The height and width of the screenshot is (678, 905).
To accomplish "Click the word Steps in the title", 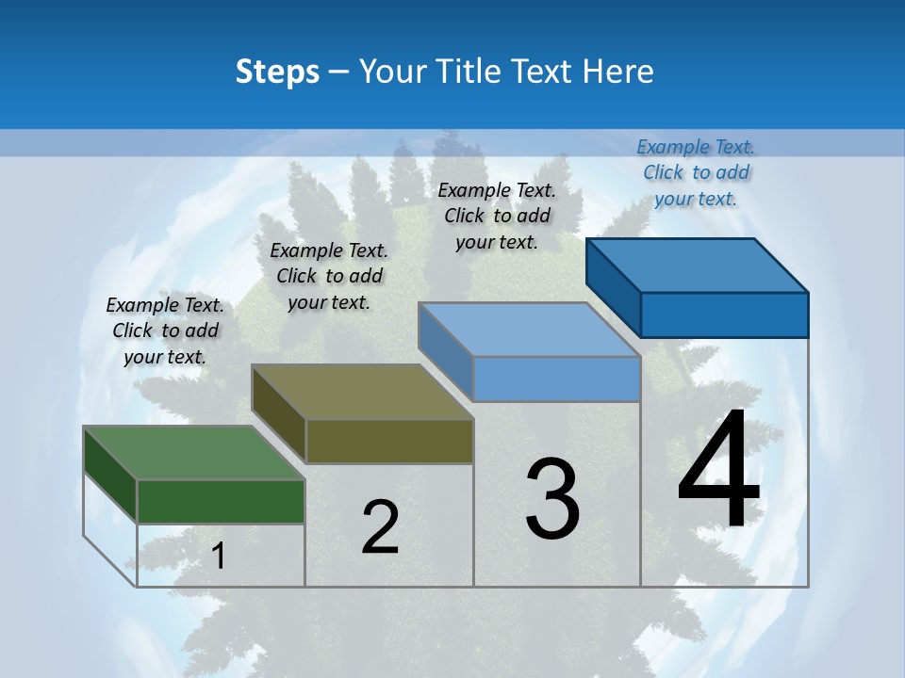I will (277, 72).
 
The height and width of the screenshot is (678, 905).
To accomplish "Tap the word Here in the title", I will (617, 72).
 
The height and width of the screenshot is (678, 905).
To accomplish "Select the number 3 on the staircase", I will (552, 499).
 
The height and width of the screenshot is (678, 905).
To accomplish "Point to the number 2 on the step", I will (380, 527).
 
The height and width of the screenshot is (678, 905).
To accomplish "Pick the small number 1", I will (219, 557).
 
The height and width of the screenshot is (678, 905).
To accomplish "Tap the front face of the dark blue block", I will (724, 315).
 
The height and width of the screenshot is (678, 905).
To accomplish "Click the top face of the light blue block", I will (528, 330).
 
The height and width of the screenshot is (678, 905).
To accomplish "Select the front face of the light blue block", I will (556, 379).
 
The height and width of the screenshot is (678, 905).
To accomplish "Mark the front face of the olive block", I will (389, 441).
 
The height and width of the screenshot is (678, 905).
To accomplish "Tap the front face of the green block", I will (221, 501).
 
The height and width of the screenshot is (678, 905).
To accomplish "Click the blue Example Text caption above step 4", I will (696, 172).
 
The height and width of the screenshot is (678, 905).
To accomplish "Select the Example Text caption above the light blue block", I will (497, 216).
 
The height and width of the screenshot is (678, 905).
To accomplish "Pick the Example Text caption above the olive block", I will (329, 276).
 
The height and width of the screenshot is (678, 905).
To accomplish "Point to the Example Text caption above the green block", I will (165, 331).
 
